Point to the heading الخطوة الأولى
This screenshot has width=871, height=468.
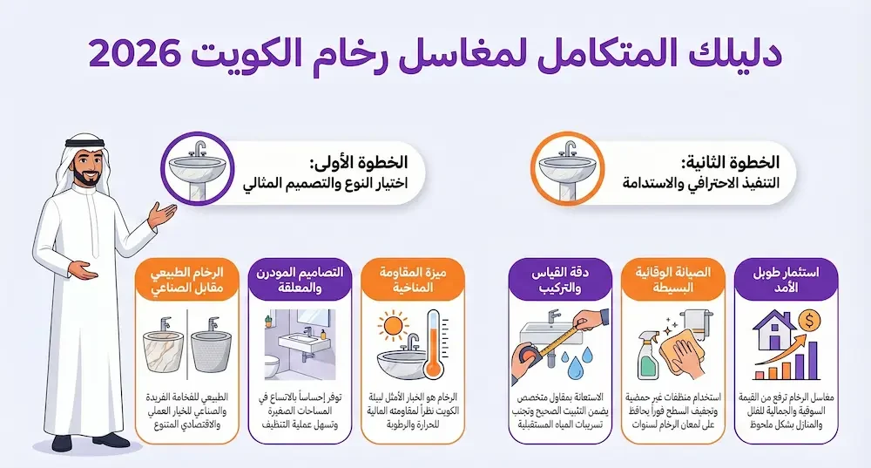pos(366,162)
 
